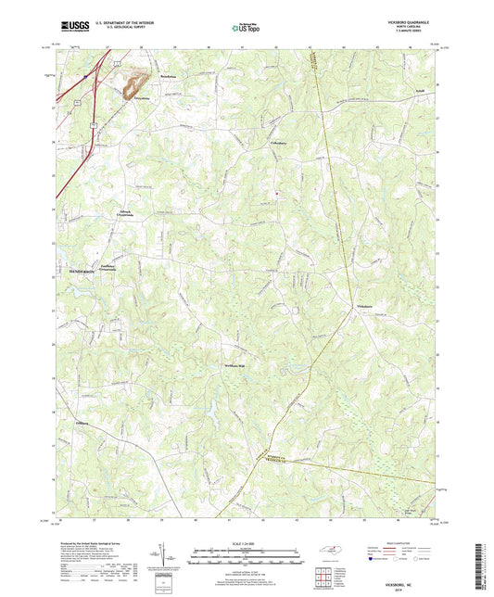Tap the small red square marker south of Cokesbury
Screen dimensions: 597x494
[x=274, y=192]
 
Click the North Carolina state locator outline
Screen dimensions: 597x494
[x=338, y=552]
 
